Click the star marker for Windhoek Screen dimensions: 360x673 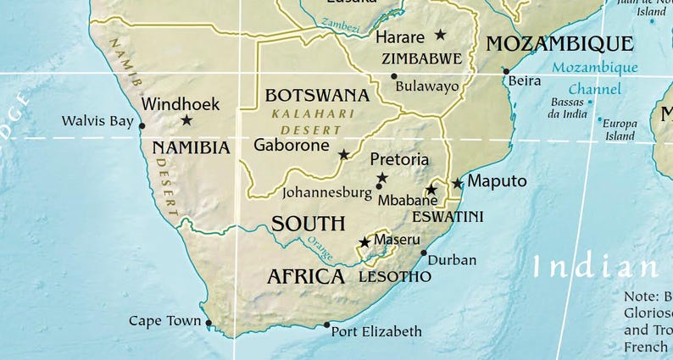[x=186, y=120]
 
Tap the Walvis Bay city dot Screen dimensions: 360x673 [x=142, y=126]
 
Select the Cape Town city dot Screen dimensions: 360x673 [x=209, y=322]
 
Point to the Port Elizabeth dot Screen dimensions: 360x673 [x=326, y=324]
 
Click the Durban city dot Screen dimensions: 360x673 [x=424, y=252]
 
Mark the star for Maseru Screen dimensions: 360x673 [x=364, y=242]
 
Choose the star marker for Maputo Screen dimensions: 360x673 [x=458, y=183]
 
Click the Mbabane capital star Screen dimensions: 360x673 [x=431, y=190]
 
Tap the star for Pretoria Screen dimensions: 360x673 [x=382, y=177]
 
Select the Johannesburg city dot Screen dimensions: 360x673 [x=379, y=186]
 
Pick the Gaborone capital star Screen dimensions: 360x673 [x=343, y=154]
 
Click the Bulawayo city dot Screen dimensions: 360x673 [x=394, y=76]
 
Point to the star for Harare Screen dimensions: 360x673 [x=440, y=35]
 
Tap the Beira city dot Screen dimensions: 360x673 [x=506, y=71]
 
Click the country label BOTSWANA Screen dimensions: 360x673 [x=317, y=95]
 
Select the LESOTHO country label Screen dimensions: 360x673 [x=395, y=277]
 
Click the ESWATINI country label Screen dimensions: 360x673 [x=448, y=217]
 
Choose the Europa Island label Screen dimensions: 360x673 [x=620, y=130]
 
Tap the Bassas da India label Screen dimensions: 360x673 [x=568, y=108]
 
